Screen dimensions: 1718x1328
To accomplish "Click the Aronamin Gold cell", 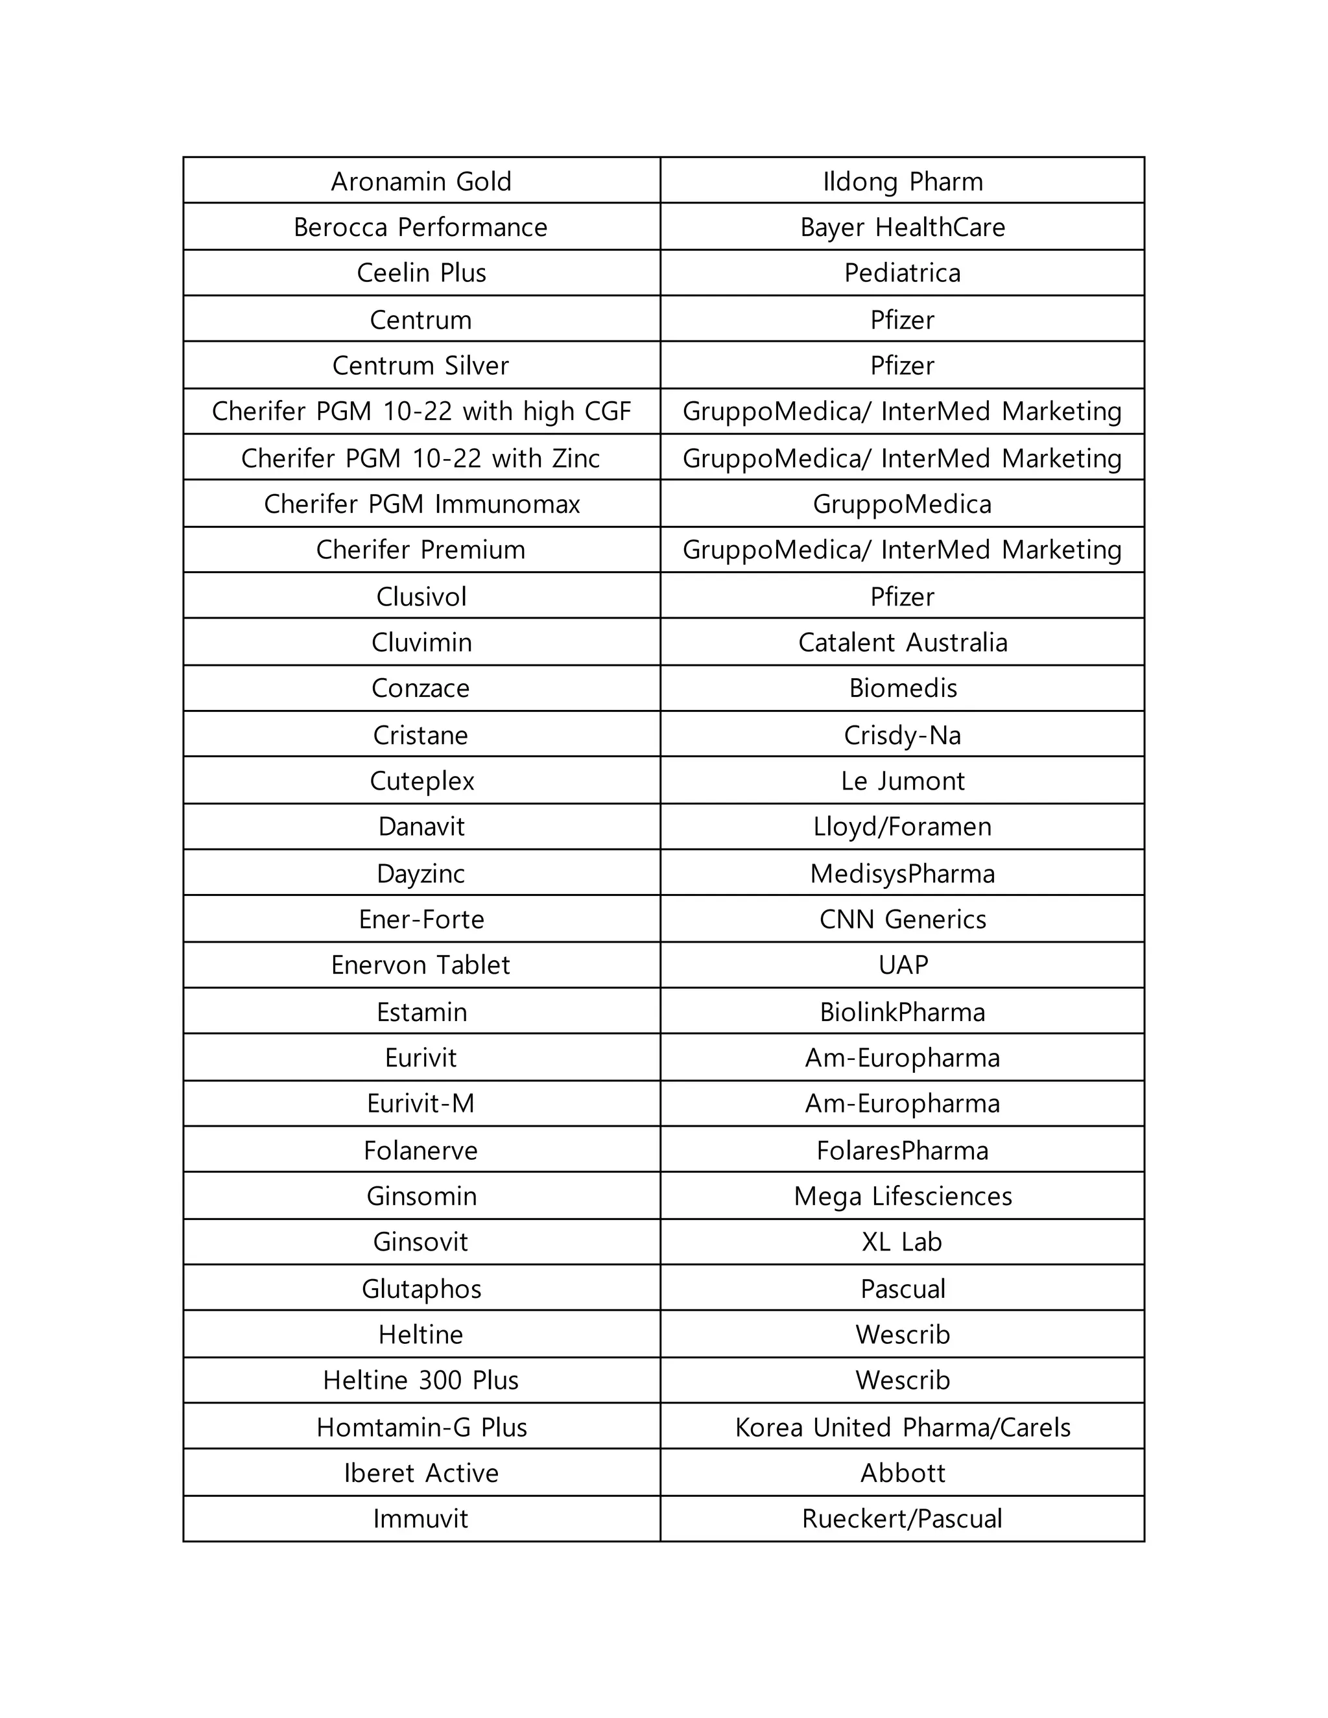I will (421, 182).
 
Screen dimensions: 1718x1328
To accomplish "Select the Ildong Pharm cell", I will (903, 182).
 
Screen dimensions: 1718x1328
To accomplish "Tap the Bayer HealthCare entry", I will (903, 228).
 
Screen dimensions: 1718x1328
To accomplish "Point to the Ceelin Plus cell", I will (421, 273).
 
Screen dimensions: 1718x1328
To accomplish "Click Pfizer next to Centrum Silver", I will (903, 366).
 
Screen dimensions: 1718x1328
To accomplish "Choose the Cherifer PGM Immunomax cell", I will (421, 504).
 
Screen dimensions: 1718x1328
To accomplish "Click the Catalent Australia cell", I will (903, 642).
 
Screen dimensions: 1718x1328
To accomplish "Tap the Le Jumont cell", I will (903, 781).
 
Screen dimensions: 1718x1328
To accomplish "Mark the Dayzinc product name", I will (421, 874).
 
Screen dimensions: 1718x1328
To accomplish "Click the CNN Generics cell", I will (903, 919).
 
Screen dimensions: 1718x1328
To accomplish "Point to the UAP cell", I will (903, 965).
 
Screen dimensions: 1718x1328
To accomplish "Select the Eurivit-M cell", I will (421, 1103).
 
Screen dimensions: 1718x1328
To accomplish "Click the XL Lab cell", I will (903, 1242).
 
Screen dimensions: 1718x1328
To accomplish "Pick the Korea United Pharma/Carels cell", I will (903, 1428).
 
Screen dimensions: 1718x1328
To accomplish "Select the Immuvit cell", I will (421, 1519).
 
